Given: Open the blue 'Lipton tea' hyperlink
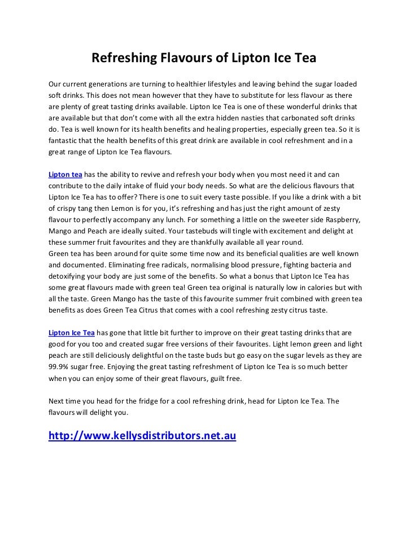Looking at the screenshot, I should pyautogui.click(x=65, y=174).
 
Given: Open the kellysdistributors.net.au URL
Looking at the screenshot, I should pyautogui.click(x=142, y=436).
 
